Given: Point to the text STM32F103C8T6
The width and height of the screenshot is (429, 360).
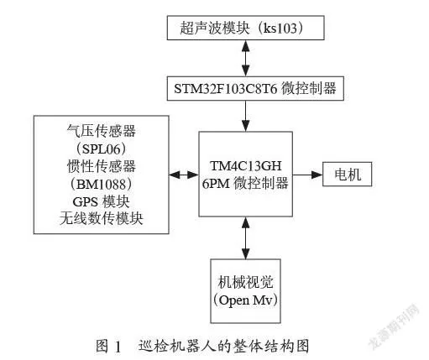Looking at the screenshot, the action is (x=226, y=89).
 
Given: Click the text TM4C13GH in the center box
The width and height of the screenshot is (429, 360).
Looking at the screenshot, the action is (x=246, y=166).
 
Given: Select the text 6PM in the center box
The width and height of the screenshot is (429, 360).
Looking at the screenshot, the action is (x=216, y=184).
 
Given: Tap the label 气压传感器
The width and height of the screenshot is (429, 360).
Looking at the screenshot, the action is (x=102, y=131).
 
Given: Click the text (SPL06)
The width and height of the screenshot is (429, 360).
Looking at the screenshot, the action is (x=102, y=149).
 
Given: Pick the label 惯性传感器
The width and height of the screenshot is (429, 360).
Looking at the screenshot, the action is (x=102, y=166).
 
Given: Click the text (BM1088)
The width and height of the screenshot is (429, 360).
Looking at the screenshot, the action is (x=102, y=184).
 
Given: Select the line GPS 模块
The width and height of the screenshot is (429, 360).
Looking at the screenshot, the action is (x=102, y=201).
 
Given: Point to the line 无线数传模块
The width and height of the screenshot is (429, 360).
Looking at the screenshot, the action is (x=102, y=219).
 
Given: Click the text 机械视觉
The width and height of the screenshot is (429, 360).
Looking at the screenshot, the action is (x=245, y=282).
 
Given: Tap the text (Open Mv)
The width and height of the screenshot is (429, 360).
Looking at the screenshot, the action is (x=245, y=300).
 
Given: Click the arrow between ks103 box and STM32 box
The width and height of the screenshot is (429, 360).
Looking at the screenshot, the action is (x=246, y=58).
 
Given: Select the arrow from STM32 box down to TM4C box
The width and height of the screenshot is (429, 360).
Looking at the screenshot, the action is (x=246, y=116).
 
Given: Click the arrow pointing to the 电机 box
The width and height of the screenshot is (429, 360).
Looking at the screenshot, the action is (x=308, y=175).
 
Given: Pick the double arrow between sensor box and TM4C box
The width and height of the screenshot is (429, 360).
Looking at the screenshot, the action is (x=184, y=175).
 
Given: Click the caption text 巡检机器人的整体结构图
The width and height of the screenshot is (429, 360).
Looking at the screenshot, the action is (x=223, y=346).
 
